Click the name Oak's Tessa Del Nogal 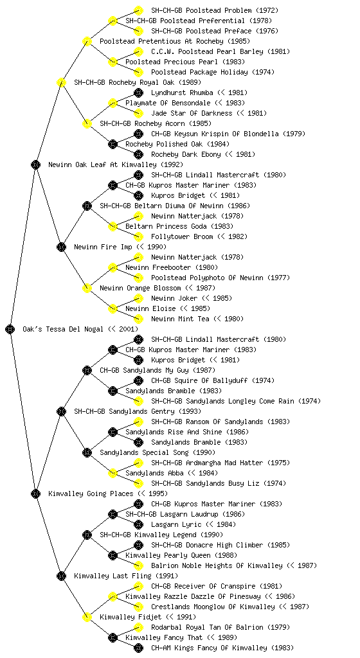[62, 329]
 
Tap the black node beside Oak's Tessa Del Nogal [10, 329]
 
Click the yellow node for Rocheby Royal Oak [61, 82]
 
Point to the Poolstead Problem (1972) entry [215, 10]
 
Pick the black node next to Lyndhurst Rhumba [138, 93]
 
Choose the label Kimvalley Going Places [91, 493]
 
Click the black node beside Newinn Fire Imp [61, 247]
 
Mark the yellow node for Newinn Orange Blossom [87, 288]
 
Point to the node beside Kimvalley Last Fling [61, 576]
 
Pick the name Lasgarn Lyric [176, 524]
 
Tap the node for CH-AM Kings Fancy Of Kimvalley [138, 648]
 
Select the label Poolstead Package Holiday [199, 72]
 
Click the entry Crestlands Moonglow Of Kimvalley [213, 607]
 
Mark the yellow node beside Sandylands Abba [113, 473]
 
